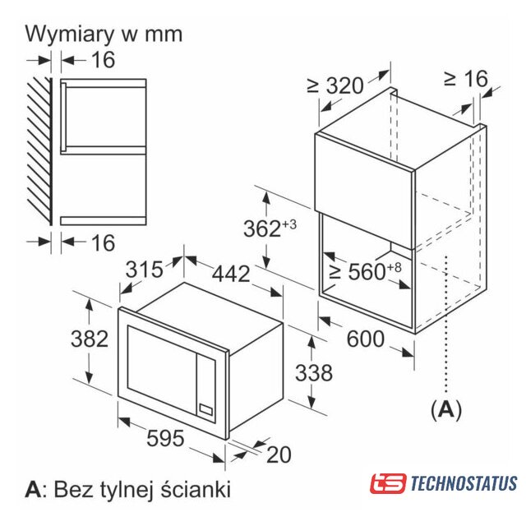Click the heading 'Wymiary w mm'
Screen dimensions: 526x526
104,35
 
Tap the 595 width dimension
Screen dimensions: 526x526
165,438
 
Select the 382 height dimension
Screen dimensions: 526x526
90,339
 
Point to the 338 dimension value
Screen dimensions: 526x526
314,372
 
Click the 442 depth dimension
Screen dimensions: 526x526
231,273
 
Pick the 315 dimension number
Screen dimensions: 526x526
145,269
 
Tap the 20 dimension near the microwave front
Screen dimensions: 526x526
279,454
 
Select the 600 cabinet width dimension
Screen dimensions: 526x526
365,339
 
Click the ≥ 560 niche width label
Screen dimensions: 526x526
365,271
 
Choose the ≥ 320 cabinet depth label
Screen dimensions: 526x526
335,85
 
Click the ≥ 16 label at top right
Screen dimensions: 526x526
466,79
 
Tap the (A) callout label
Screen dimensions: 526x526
446,409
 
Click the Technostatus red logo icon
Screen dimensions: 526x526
388,483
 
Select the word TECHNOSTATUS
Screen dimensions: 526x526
464,483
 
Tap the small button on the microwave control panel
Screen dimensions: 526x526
205,409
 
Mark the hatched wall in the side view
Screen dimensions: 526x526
39,151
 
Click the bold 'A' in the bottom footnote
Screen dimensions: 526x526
33,489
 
